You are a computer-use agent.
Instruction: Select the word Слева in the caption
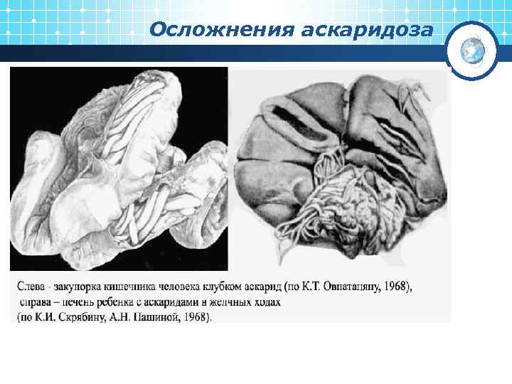pyautogui.click(x=32, y=287)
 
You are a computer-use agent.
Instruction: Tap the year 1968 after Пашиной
pyautogui.click(x=198, y=317)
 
